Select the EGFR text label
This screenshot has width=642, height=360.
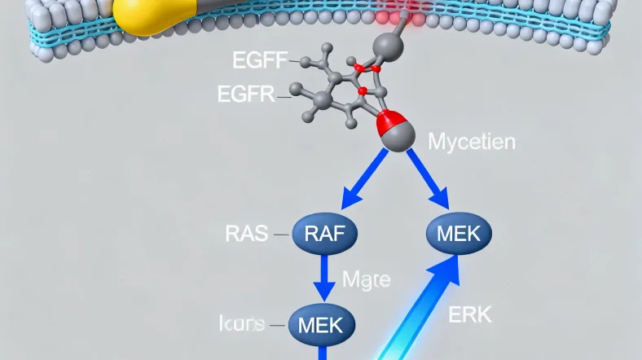point(246,94)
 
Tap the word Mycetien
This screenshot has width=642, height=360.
point(471,143)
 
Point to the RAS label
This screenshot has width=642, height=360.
point(244,234)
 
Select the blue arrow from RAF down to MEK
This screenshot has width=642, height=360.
point(324,278)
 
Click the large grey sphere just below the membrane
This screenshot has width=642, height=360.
point(388,47)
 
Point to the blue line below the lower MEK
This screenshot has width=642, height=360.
point(323,352)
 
